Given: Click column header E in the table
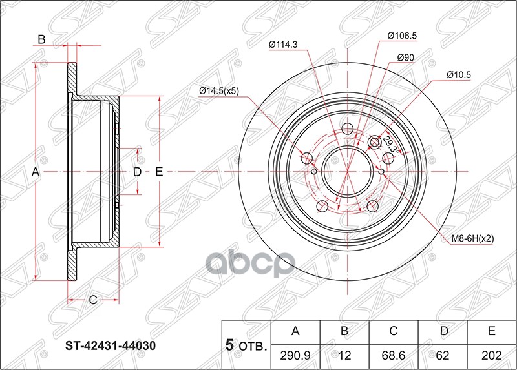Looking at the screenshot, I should point(491,332).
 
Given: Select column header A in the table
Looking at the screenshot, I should point(296,332).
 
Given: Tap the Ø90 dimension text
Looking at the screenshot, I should point(405,57).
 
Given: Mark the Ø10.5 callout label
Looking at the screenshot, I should point(458,75).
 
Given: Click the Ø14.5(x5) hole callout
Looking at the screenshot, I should point(219,90).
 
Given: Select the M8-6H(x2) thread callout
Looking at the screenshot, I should point(474,238).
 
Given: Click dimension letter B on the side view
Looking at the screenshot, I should point(41,39).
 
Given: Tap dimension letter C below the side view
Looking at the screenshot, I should point(92,299).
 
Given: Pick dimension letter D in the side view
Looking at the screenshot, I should point(136,172).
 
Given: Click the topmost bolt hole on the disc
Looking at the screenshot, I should point(346,127).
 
